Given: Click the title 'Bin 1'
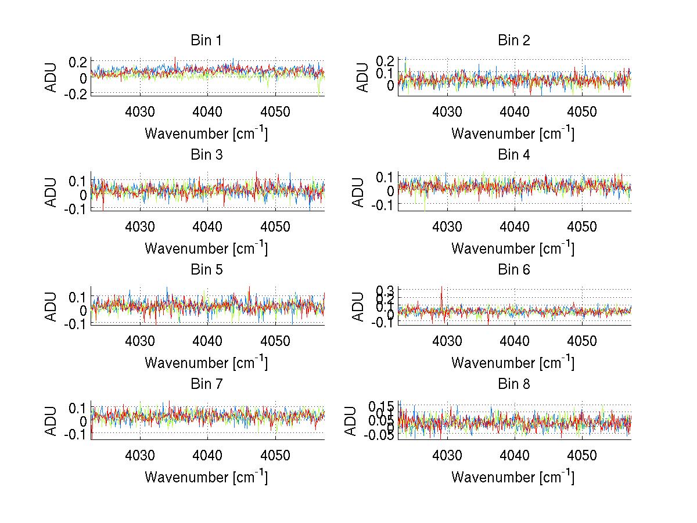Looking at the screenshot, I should (206, 41).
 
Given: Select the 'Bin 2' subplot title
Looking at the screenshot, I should (513, 41).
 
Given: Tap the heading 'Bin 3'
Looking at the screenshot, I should (206, 155).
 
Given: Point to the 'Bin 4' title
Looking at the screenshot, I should (513, 155).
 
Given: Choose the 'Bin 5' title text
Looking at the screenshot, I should (206, 270).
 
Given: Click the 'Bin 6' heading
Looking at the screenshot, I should (513, 270).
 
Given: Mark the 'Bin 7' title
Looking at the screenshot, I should (206, 384).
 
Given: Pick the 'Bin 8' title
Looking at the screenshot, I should (513, 384).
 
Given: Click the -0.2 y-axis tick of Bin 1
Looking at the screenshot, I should (78, 94).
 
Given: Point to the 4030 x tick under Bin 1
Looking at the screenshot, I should (140, 111).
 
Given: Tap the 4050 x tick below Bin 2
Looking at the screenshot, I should (582, 111).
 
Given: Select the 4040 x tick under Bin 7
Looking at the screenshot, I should (207, 455).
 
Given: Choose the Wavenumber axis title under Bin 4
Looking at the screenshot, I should (513, 248).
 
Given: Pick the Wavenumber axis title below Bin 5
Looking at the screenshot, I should (206, 363).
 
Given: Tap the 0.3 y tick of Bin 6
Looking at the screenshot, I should (387, 290).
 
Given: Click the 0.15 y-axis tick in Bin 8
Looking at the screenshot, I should (381, 405).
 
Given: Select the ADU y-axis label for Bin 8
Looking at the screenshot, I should (351, 421).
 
